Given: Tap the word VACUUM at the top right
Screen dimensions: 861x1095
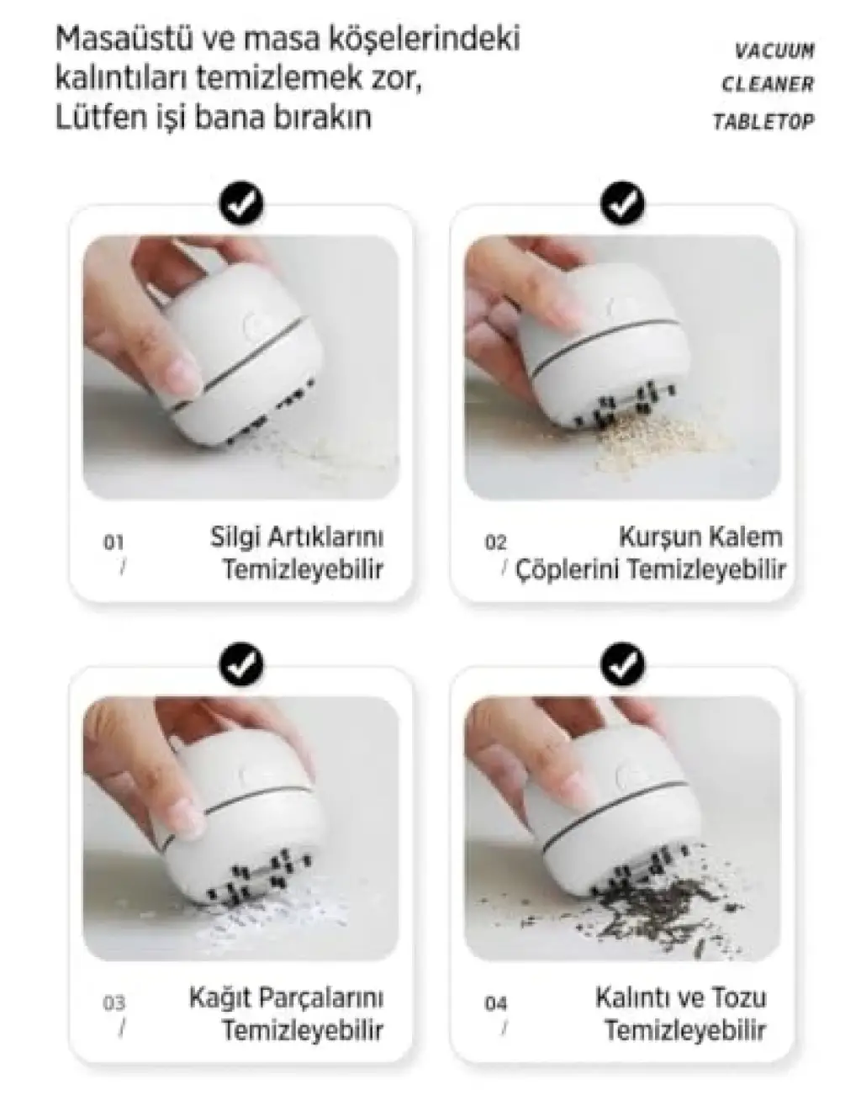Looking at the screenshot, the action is coord(774,51).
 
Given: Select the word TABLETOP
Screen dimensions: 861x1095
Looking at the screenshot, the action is coord(763,121).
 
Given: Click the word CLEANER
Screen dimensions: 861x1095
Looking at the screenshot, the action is coord(769,84).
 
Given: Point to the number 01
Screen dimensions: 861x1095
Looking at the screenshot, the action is coord(114,542).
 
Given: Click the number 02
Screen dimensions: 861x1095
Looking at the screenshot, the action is coord(495,542).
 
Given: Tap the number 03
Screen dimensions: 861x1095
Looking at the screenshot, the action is coord(114,1004).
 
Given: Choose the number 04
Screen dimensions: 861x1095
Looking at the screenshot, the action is coord(495,1004).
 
